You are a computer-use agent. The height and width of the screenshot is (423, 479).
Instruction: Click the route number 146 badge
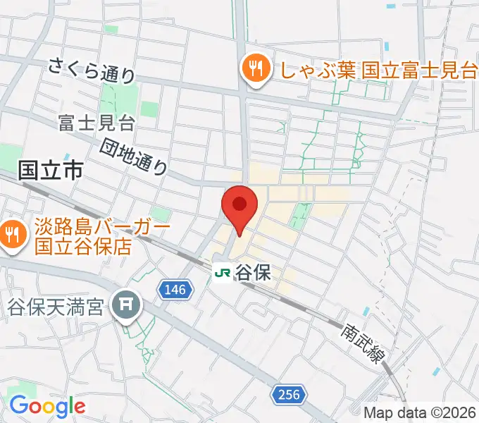pyautogui.click(x=174, y=289)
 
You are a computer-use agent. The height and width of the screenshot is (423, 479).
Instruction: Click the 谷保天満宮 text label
pyautogui.click(x=60, y=307)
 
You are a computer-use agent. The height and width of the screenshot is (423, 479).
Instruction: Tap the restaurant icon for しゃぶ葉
pyautogui.click(x=251, y=68)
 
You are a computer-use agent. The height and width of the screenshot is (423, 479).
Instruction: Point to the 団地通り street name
pyautogui.click(x=135, y=157)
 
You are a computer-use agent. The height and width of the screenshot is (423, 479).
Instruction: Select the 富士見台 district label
pyautogui.click(x=97, y=124)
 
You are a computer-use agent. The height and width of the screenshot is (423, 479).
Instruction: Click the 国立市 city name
pyautogui.click(x=51, y=169)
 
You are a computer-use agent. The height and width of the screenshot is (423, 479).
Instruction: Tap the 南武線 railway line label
pyautogui.click(x=364, y=343)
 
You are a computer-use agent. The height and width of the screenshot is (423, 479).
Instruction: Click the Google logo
pyautogui.click(x=46, y=406)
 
